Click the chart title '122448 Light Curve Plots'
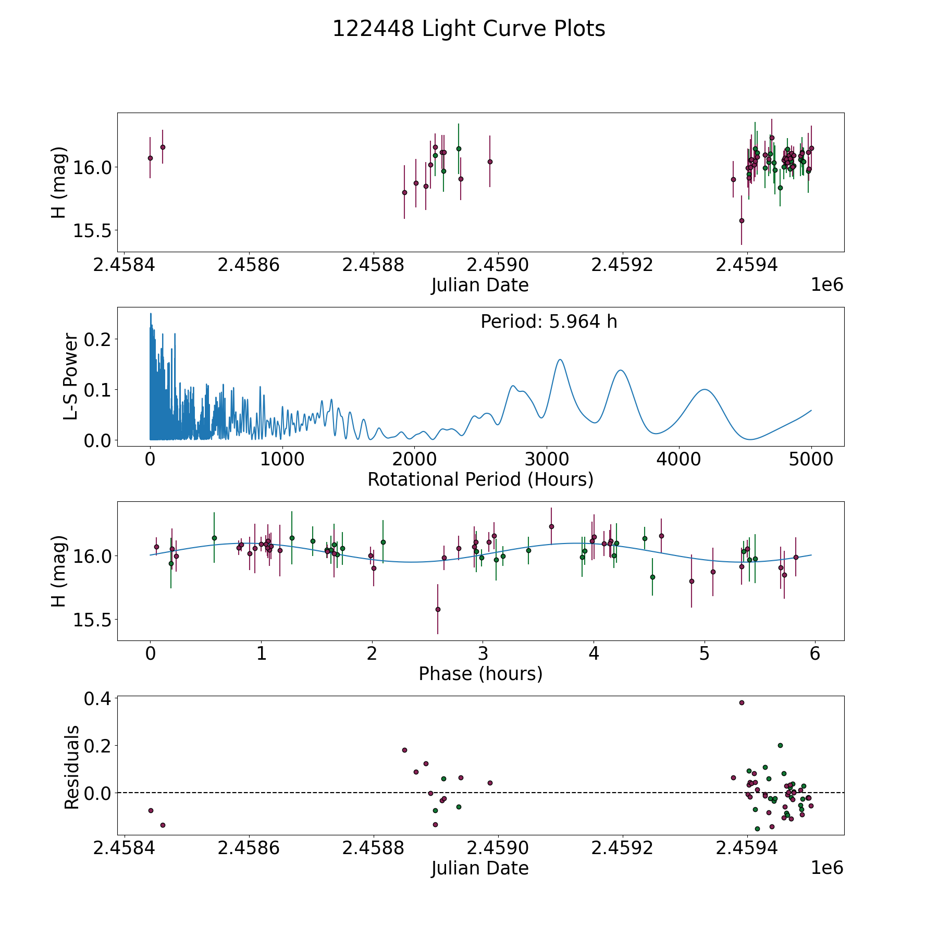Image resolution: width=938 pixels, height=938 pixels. click(x=468, y=29)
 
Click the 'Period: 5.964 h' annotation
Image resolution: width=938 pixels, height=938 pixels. click(x=549, y=322)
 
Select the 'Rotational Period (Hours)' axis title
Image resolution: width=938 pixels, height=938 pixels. click(x=480, y=479)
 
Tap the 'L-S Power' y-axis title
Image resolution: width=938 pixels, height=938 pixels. click(x=71, y=377)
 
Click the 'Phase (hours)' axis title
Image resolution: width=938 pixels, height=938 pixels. click(x=480, y=674)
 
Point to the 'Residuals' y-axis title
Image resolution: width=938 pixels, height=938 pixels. click(x=71, y=767)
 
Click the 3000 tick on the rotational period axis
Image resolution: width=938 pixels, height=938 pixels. click(x=547, y=460)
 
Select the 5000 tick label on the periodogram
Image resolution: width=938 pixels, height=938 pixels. click(x=811, y=460)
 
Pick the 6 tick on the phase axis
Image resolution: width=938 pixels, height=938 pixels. click(x=815, y=654)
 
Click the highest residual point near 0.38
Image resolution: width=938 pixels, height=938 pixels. click(x=742, y=702)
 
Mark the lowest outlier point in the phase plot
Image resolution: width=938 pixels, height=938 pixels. click(x=438, y=609)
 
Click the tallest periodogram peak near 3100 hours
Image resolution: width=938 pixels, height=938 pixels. click(x=560, y=360)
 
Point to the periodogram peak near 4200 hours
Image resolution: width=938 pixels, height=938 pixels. click(x=705, y=389)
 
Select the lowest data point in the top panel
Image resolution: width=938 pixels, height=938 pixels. click(x=742, y=220)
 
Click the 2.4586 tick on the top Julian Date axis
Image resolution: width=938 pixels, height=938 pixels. click(x=249, y=265)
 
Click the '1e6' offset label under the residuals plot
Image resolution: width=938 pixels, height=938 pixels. click(x=827, y=868)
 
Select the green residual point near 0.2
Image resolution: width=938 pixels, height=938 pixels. click(x=780, y=745)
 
